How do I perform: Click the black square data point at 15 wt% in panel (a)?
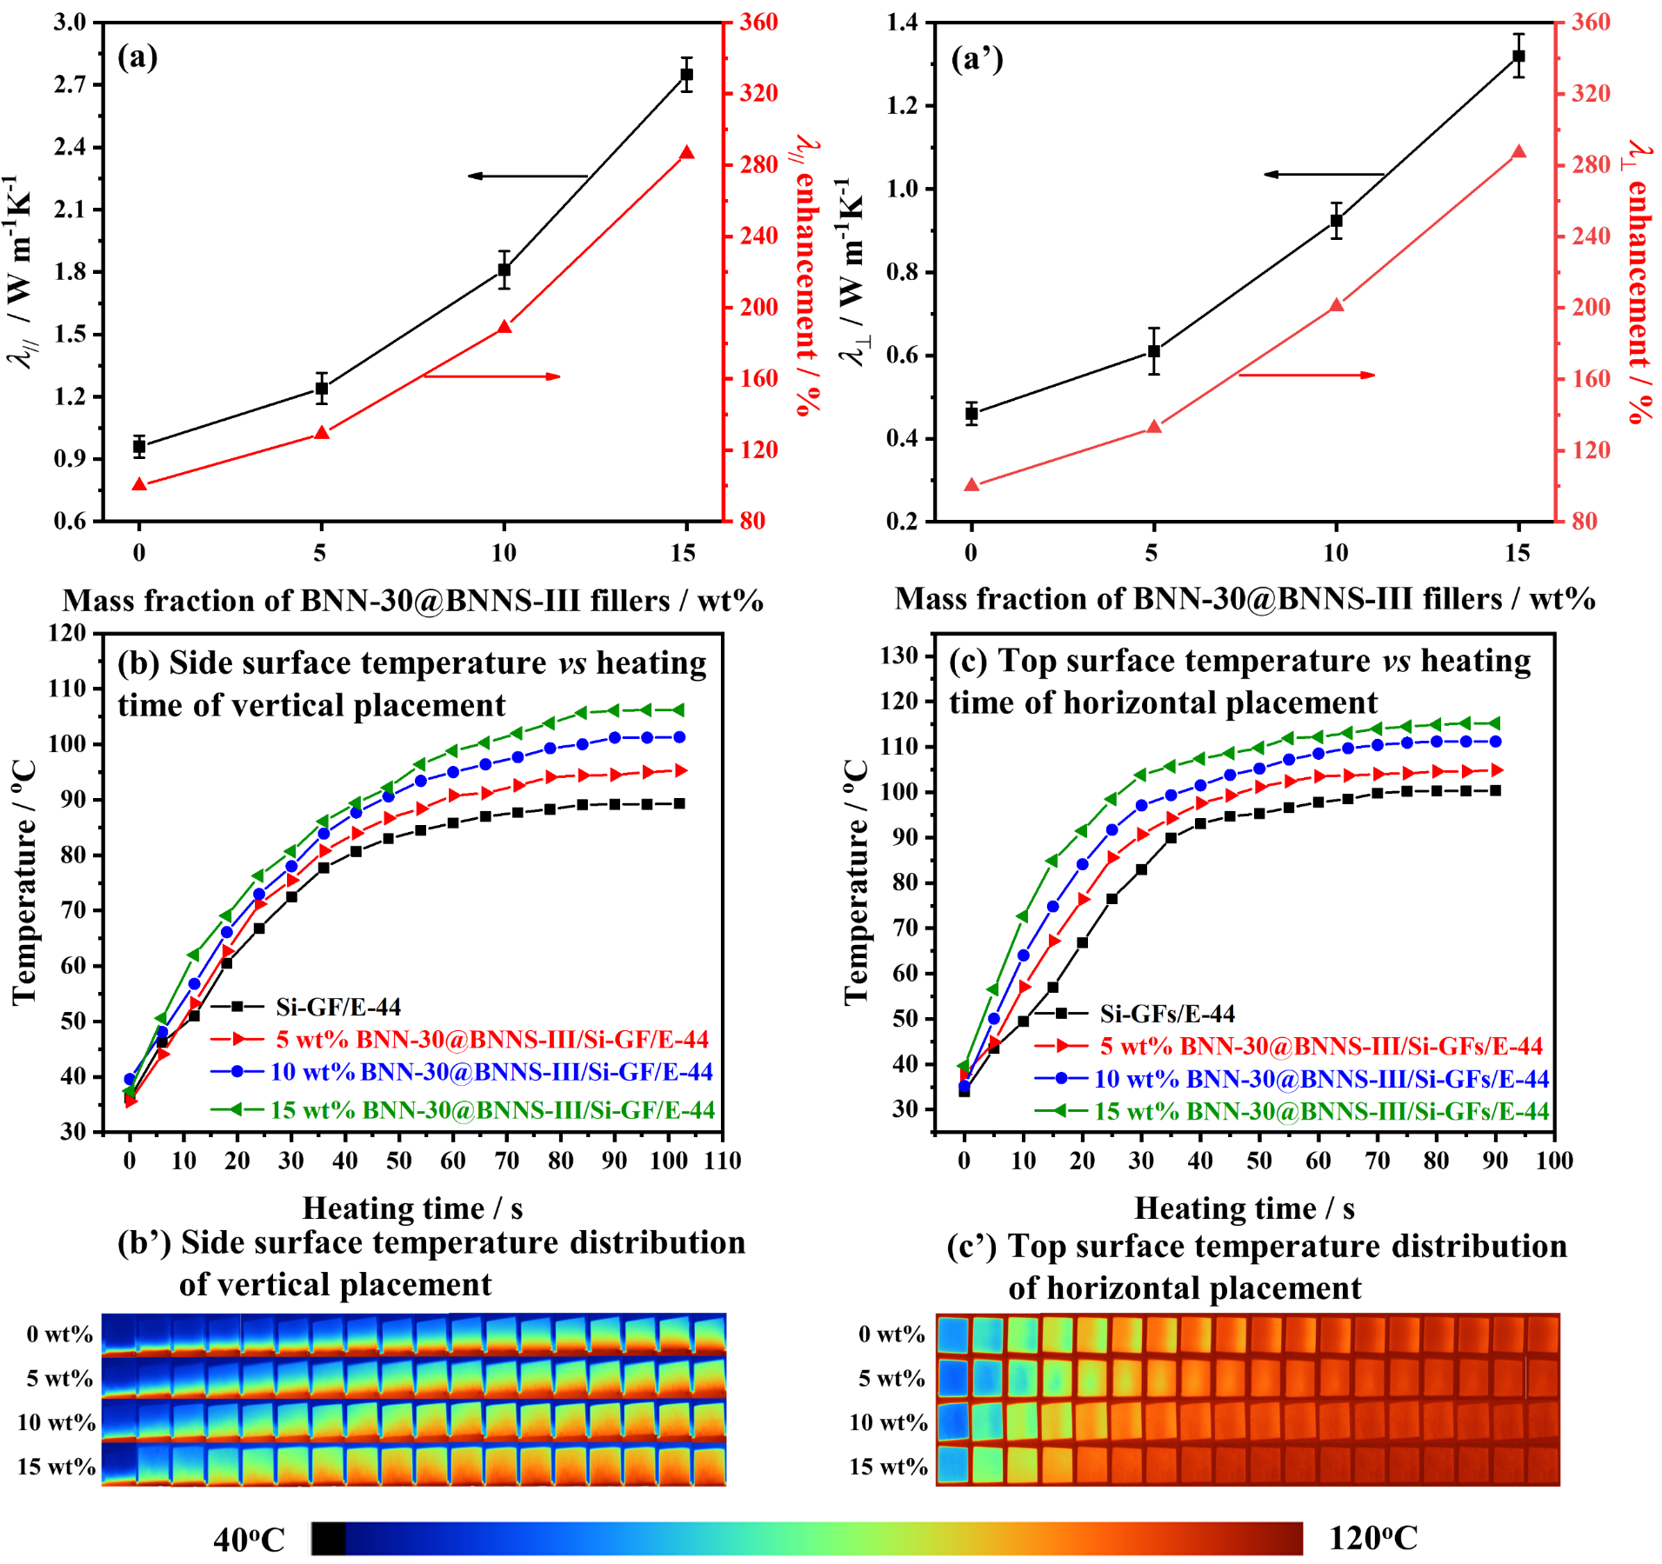(x=686, y=75)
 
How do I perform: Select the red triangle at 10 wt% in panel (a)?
(x=504, y=328)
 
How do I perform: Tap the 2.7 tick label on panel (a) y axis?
(x=70, y=84)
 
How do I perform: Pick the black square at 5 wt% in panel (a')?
(x=1154, y=351)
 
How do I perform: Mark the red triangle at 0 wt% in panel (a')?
(x=971, y=485)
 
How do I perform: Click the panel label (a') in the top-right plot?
(x=977, y=59)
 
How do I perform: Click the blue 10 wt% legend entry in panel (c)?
(x=1292, y=1079)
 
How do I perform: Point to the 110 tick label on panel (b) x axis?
(x=723, y=1161)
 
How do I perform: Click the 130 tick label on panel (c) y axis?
(x=900, y=656)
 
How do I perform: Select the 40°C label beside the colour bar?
(x=249, y=1540)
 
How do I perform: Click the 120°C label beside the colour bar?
(x=1373, y=1538)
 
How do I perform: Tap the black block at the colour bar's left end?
(x=329, y=1538)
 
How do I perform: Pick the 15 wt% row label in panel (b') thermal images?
(x=56, y=1467)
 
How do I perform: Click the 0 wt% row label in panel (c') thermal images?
(x=891, y=1334)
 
